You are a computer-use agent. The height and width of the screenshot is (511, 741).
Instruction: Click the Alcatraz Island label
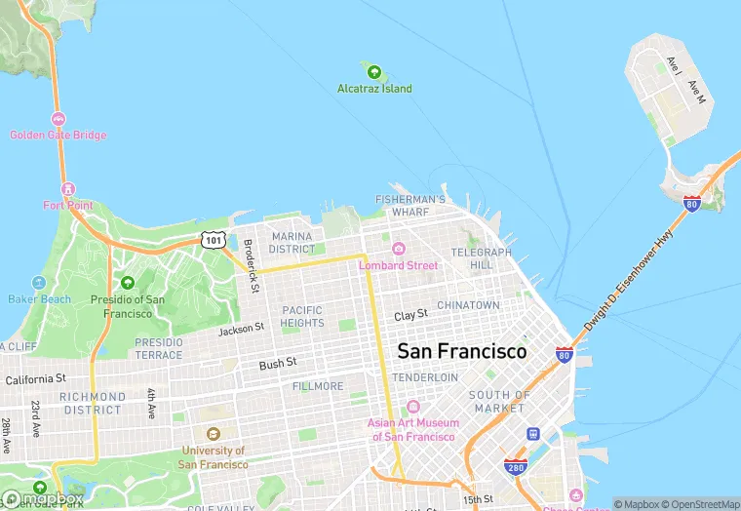[374, 89]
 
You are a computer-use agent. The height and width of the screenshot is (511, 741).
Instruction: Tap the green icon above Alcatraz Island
[373, 70]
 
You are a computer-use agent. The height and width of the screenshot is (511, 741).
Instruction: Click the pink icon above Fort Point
[67, 188]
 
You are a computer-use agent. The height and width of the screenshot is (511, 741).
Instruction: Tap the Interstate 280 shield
[516, 468]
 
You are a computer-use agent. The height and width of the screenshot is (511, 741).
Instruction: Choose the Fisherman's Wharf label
[410, 206]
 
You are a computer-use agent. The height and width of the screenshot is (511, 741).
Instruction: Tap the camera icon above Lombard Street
[398, 249]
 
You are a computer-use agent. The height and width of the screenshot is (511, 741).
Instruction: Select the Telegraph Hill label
[481, 258]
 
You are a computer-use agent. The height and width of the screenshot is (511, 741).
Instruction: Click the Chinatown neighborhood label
[468, 305]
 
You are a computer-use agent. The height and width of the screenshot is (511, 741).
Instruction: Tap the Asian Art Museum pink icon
[412, 407]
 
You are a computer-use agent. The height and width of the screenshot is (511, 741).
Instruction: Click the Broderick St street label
[252, 266]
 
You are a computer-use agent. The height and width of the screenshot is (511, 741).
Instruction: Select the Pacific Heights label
[302, 316]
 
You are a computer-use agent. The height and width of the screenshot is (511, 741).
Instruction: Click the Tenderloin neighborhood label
[425, 377]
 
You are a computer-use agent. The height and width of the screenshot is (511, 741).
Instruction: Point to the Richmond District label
[93, 404]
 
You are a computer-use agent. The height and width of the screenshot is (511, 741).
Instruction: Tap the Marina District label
[292, 243]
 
